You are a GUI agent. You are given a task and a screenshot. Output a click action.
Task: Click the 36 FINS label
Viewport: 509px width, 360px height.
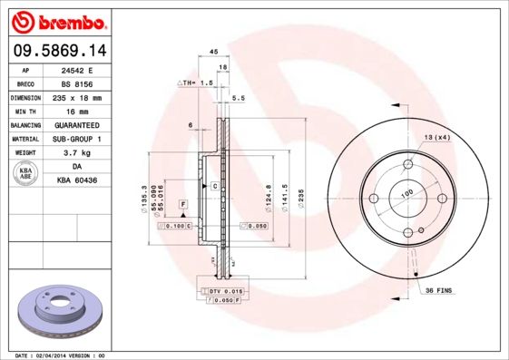point(440,289)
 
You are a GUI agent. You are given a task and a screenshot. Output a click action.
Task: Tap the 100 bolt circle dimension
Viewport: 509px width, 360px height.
point(407,193)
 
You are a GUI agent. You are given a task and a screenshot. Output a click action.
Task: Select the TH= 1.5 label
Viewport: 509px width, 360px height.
point(197,83)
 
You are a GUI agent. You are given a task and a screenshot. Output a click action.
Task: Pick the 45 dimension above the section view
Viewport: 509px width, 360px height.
point(213,53)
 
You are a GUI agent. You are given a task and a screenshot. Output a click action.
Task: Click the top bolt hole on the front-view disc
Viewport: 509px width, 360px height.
point(407,165)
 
